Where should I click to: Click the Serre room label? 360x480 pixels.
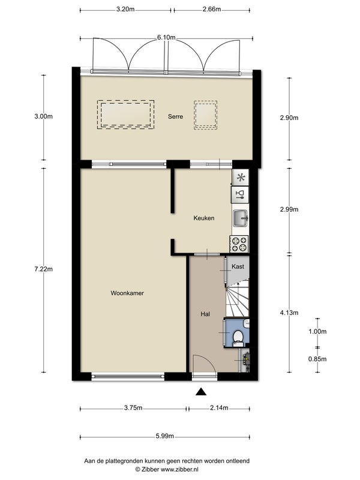(175, 116)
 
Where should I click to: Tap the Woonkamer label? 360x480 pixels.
(127, 293)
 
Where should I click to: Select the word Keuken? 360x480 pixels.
(204, 218)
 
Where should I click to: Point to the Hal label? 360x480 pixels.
(205, 314)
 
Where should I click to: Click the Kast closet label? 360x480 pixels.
(238, 266)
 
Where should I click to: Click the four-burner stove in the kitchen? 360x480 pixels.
(239, 244)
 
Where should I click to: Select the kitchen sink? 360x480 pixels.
(241, 218)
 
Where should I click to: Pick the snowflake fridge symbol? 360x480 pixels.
(241, 178)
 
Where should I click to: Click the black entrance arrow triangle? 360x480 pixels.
(201, 392)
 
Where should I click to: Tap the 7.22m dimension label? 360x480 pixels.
(43, 269)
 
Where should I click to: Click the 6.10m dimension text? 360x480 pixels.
(166, 38)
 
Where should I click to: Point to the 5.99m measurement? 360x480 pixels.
(164, 436)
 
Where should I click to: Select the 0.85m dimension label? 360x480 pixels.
(317, 359)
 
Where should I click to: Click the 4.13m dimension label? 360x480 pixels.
(289, 313)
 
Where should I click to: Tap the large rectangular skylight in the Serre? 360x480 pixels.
(125, 115)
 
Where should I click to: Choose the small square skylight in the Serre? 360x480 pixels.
(205, 115)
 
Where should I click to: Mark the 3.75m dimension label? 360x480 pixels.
(133, 408)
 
